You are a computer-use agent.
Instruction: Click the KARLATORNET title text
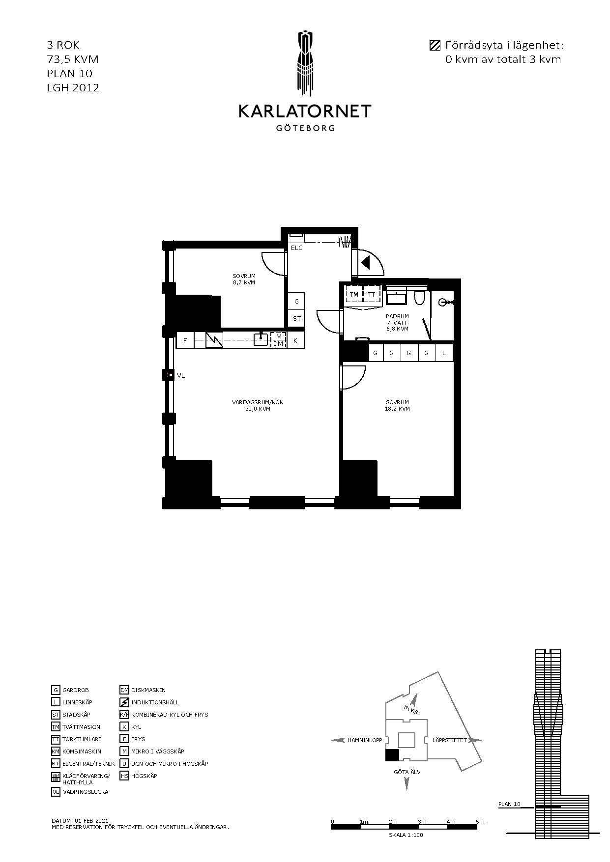305,111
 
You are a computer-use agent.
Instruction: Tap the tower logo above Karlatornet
305,63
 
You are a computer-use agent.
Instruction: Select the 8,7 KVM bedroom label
244,279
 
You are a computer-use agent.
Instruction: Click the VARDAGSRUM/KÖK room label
258,405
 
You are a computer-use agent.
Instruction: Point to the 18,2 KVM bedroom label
398,405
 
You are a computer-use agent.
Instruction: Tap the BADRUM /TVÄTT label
397,323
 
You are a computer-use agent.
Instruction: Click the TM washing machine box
354,295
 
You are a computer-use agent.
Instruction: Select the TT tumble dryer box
372,295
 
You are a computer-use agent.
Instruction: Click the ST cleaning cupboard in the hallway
296,319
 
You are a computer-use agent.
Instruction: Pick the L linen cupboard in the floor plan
444,353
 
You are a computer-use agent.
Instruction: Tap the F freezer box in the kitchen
185,340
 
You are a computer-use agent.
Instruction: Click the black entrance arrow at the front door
365,263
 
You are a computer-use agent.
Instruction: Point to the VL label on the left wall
181,376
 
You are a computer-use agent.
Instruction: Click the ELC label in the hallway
297,248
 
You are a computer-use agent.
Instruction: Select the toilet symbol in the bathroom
419,298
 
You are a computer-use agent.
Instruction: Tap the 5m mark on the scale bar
480,822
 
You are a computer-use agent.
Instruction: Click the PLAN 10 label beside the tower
509,805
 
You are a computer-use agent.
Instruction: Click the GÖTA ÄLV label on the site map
407,772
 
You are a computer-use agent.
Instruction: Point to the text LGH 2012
73,88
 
